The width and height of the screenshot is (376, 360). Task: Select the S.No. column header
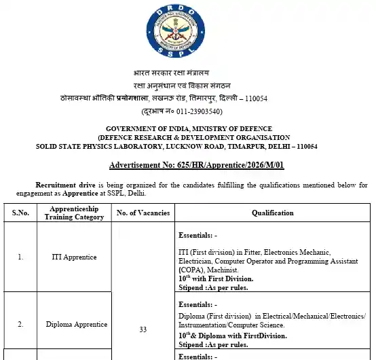(x=21, y=213)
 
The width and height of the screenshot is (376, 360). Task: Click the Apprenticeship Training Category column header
(x=75, y=213)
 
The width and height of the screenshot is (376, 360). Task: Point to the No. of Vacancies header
(x=143, y=213)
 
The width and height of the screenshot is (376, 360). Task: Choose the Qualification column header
(x=273, y=213)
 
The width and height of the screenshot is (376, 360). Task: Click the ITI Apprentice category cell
(x=75, y=257)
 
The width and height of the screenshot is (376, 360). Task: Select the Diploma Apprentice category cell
(x=75, y=324)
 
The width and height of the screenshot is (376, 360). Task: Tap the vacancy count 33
(x=143, y=329)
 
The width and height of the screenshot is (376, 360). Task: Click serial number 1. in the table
(x=21, y=257)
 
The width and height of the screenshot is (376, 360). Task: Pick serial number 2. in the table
(x=21, y=324)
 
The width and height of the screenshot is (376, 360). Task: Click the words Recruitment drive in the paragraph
(x=65, y=185)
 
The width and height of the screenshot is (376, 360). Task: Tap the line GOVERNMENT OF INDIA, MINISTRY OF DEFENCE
(x=189, y=128)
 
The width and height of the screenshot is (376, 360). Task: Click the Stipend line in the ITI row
(x=213, y=287)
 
